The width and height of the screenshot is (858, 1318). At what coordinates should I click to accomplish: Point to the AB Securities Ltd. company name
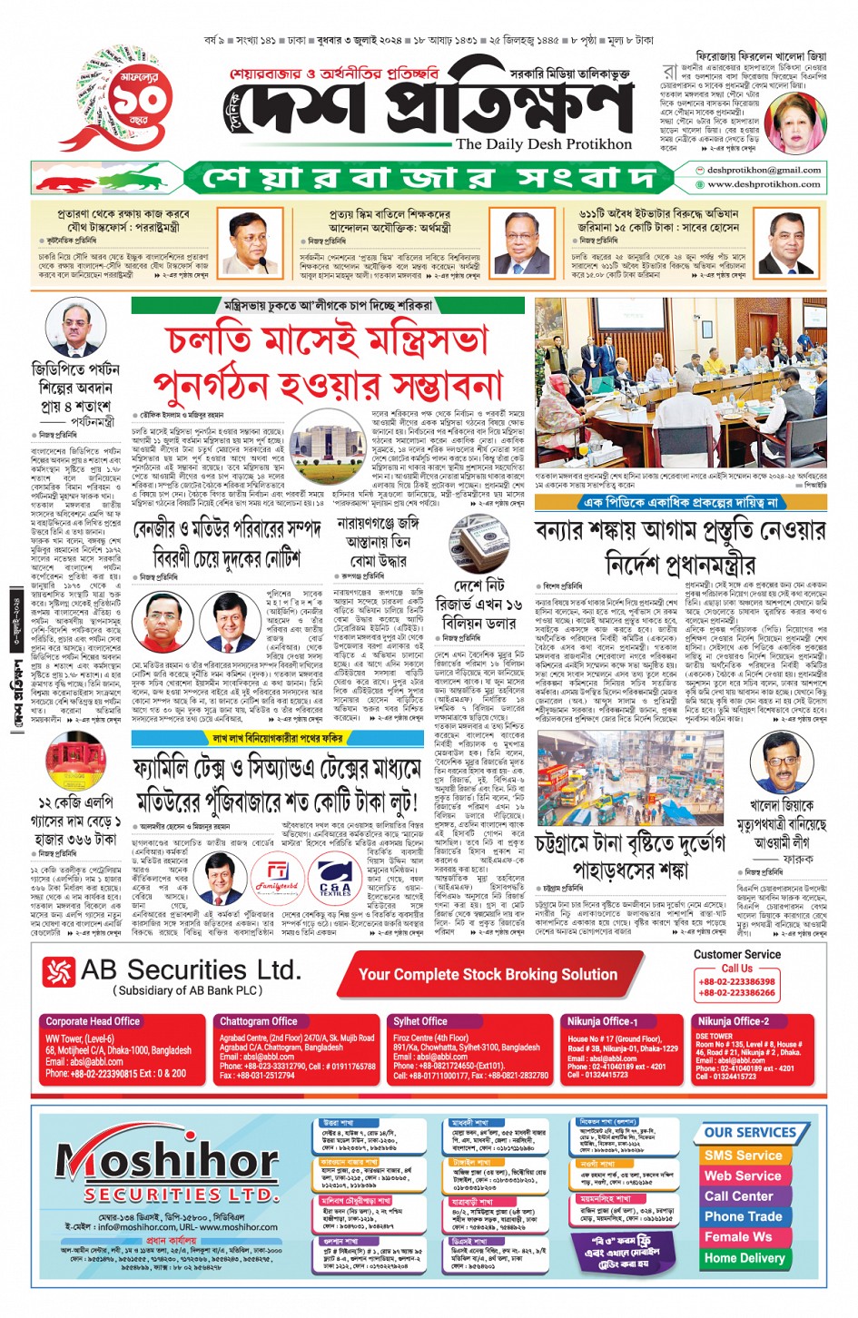pyautogui.click(x=190, y=970)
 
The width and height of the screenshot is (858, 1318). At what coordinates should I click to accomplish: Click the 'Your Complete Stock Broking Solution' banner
pyautogui.click(x=488, y=974)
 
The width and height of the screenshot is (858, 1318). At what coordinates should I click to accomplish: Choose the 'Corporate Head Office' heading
pyautogui.click(x=93, y=1021)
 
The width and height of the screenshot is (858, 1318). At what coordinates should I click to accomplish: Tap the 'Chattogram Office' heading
pyautogui.click(x=259, y=1021)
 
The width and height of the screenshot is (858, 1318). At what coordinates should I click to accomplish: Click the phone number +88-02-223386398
pyautogui.click(x=736, y=982)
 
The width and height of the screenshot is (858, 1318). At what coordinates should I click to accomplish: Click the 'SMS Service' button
pyautogui.click(x=743, y=1156)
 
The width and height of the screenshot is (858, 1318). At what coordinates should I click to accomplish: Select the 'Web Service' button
pyautogui.click(x=743, y=1175)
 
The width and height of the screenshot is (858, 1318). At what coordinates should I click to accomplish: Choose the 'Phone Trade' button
pyautogui.click(x=743, y=1216)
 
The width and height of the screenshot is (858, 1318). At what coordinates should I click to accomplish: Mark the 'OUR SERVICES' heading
pyautogui.click(x=750, y=1133)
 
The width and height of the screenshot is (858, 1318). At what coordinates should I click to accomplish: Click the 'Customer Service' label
pyautogui.click(x=736, y=954)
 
